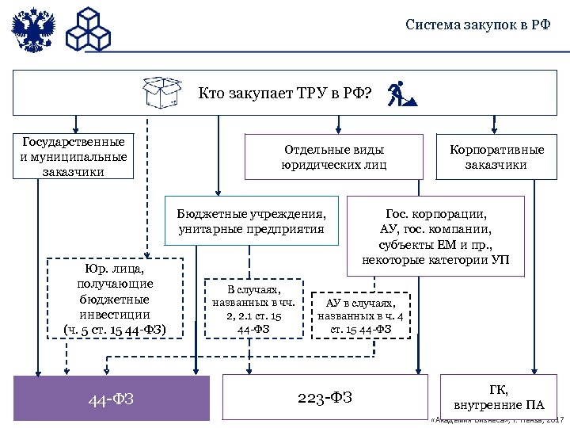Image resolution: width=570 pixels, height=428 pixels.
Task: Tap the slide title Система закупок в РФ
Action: tap(477, 24)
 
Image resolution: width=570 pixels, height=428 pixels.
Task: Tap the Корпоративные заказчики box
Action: tap(496, 157)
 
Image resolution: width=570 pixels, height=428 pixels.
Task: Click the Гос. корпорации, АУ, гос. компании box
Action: tap(435, 236)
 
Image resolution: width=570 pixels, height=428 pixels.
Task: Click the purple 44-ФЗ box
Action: tap(112, 397)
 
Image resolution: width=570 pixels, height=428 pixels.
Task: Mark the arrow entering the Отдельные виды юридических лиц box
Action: tap(338, 124)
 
